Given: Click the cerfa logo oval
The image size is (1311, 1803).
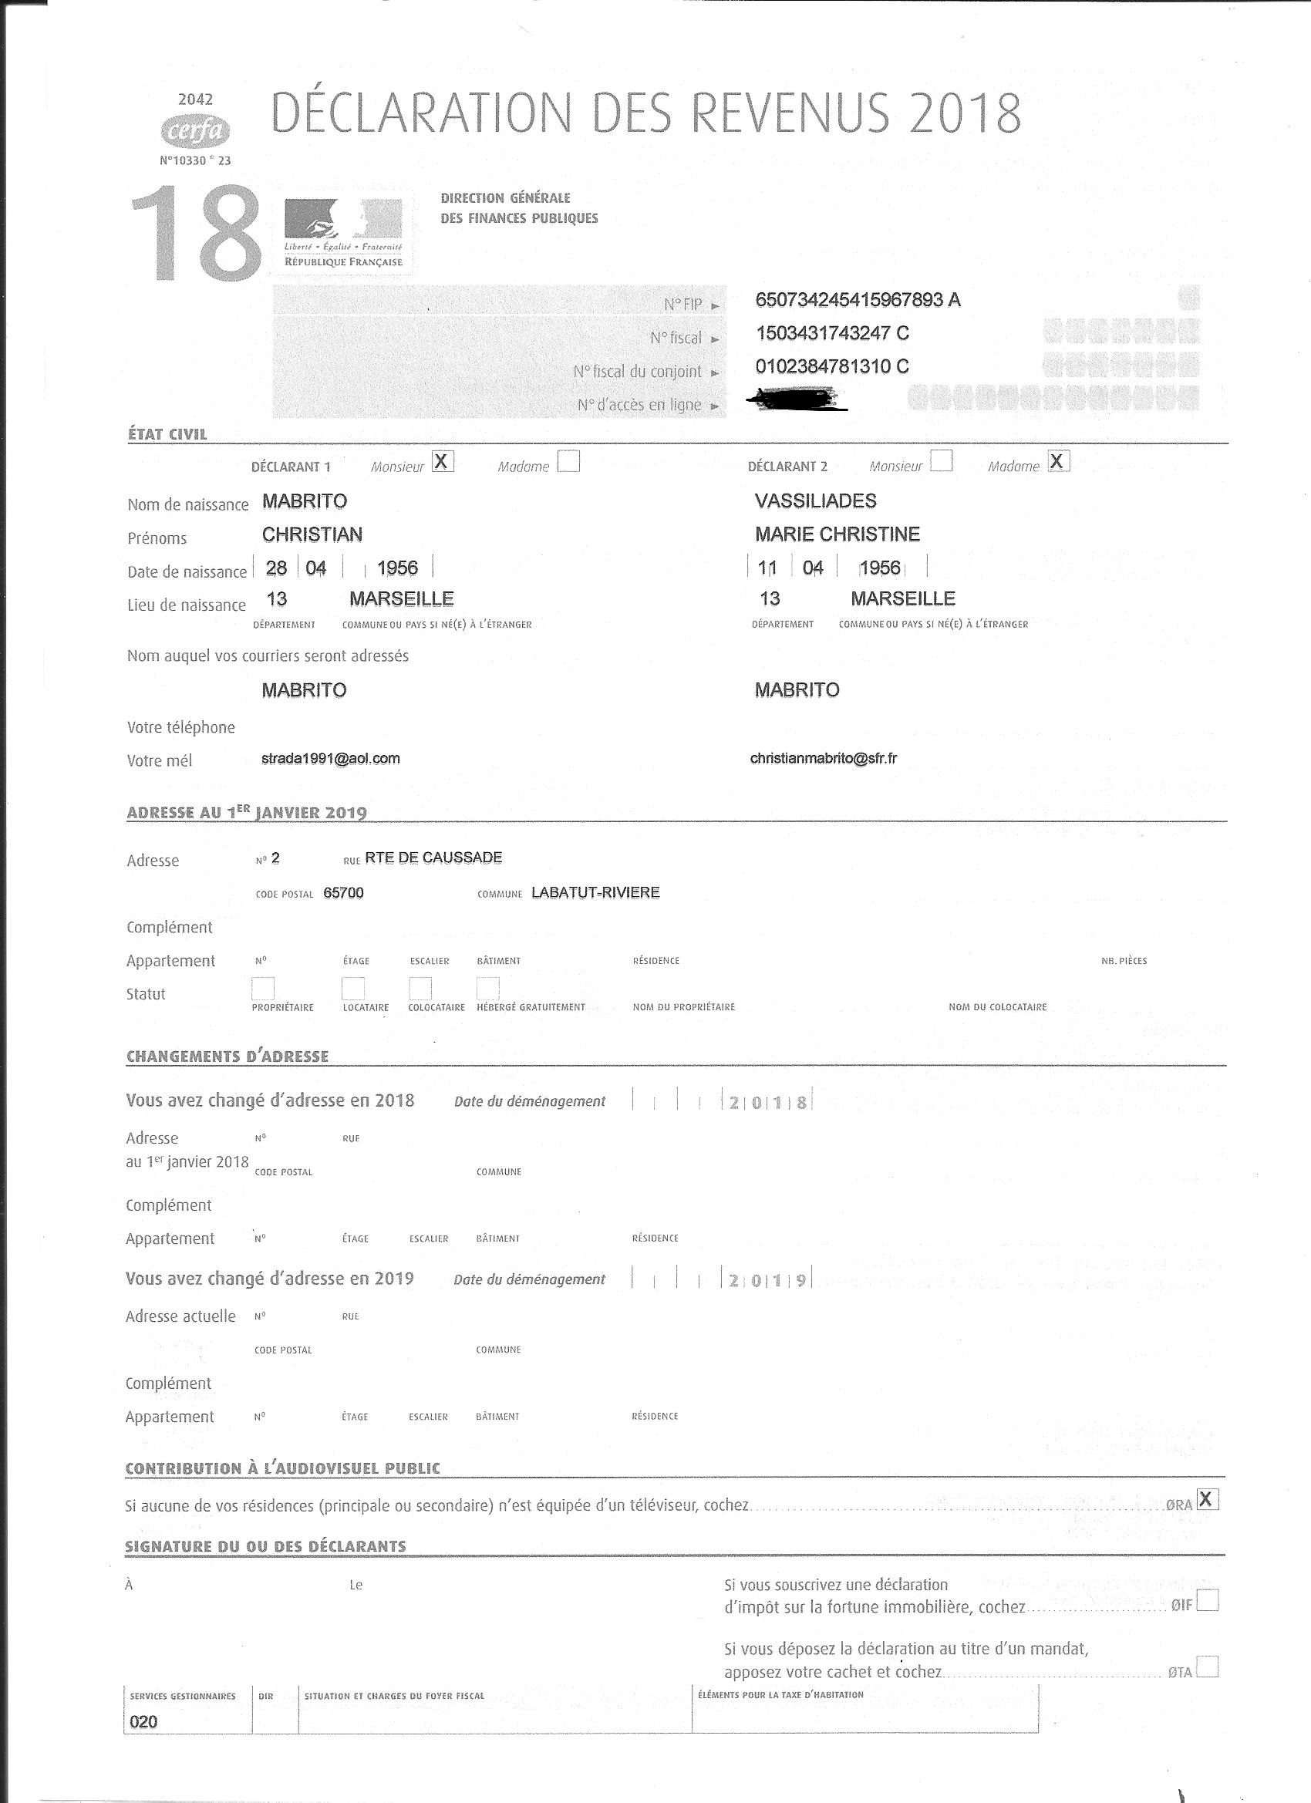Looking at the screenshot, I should (x=195, y=130).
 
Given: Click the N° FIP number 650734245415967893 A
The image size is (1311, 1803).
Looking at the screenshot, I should (x=858, y=300).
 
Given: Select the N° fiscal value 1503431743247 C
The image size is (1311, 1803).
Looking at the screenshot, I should (x=832, y=333).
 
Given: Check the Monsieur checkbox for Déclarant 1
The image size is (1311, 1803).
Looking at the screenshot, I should (x=443, y=462).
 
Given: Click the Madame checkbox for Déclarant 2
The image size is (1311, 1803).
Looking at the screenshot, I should (x=1059, y=461).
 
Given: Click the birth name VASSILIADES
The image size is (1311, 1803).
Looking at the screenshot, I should (x=816, y=500).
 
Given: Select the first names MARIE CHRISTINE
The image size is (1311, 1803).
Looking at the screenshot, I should (x=837, y=534).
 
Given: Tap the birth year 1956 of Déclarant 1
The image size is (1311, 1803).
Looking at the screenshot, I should (x=397, y=568).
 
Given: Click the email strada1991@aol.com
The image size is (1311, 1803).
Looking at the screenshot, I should (x=331, y=758).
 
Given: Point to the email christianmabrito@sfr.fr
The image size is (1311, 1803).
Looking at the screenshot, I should (x=824, y=758).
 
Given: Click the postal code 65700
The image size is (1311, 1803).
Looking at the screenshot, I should (x=343, y=893).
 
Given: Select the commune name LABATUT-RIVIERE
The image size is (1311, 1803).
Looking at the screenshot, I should (x=595, y=893).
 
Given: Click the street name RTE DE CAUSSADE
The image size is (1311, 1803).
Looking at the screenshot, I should (x=433, y=858).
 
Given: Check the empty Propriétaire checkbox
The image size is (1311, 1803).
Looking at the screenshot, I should (x=263, y=988).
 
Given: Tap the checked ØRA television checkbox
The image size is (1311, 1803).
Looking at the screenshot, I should (x=1207, y=1499).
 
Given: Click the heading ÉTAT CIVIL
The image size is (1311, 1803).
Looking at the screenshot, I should (x=167, y=435).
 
